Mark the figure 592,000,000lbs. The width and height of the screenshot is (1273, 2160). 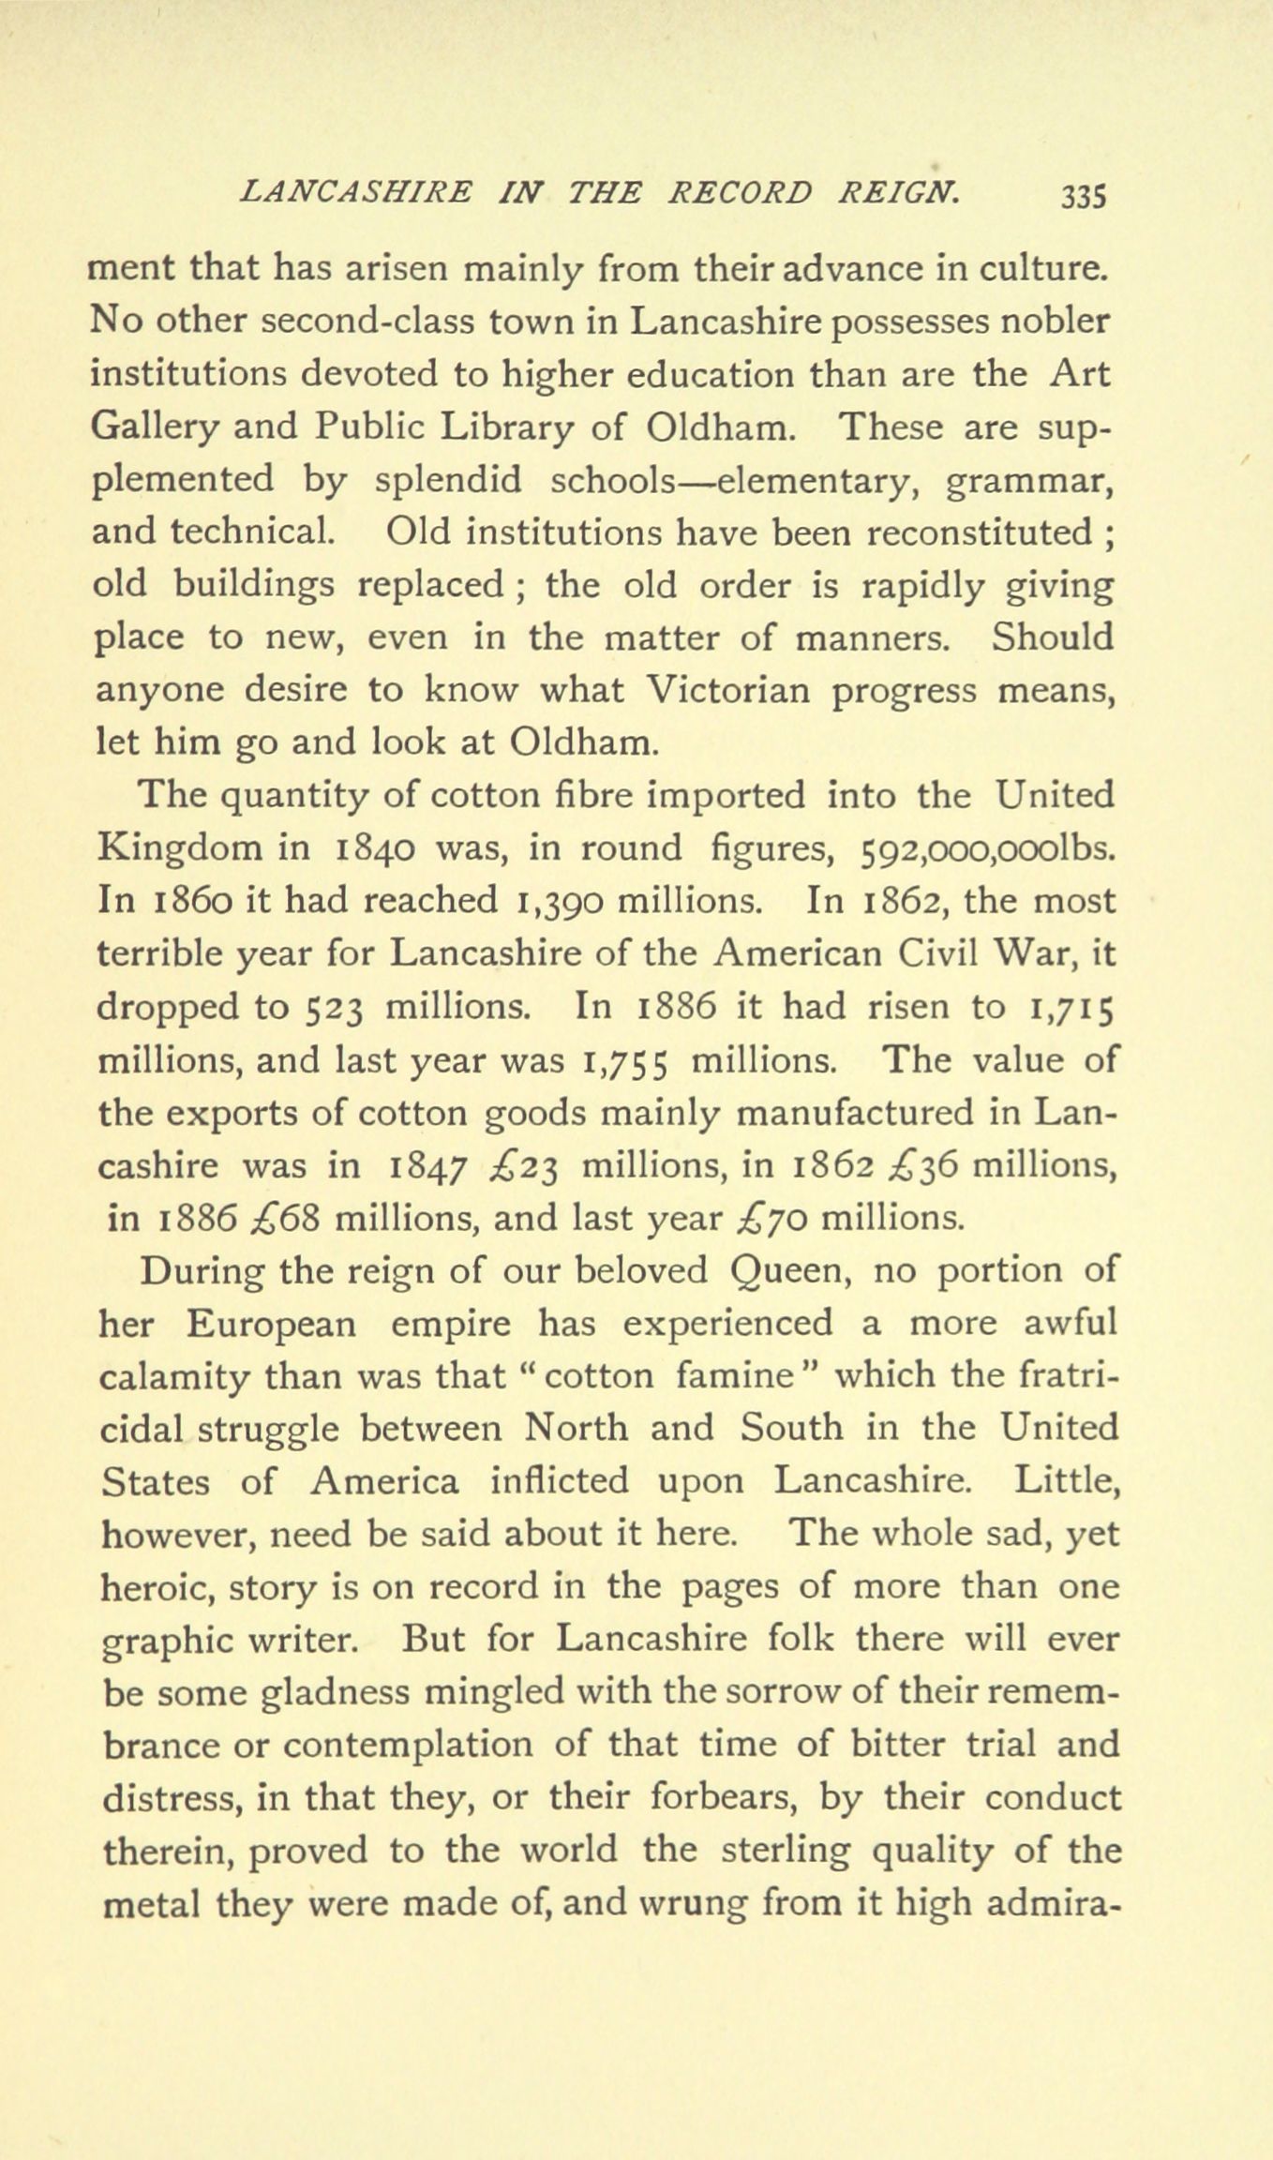(x=987, y=848)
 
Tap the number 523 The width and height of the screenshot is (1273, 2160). (x=337, y=1008)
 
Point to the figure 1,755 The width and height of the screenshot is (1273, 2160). (x=625, y=1060)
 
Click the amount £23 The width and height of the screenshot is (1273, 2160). (x=525, y=1166)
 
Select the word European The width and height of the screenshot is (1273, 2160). (x=271, y=1325)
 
